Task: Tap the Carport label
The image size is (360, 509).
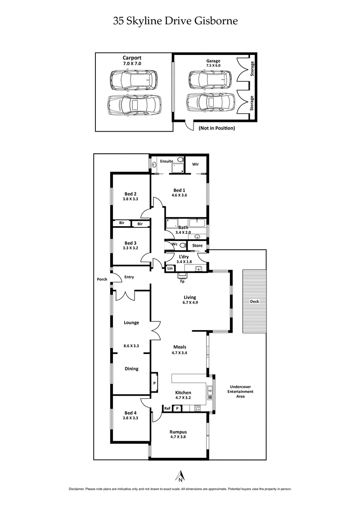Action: tap(132, 58)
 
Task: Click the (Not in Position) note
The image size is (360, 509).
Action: tap(216, 128)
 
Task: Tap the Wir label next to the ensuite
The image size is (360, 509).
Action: tap(196, 164)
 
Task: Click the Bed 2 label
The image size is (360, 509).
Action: tap(130, 194)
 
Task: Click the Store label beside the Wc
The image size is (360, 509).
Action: tap(197, 246)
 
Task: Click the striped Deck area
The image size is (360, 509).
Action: tap(255, 301)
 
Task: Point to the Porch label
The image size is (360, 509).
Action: tap(102, 279)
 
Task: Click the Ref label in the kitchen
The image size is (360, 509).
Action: tap(167, 408)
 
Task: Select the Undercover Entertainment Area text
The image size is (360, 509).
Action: tap(242, 391)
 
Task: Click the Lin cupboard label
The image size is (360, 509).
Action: tap(170, 268)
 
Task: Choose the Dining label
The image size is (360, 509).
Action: tap(131, 369)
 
